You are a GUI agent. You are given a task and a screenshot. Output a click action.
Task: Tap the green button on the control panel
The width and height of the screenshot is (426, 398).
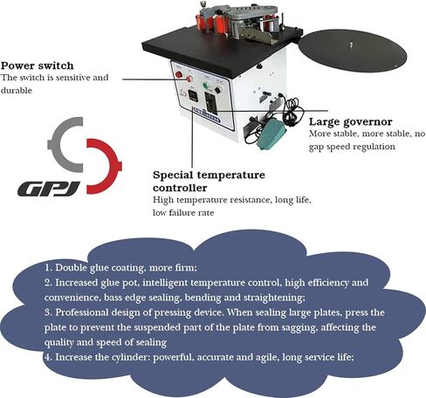click(206, 86)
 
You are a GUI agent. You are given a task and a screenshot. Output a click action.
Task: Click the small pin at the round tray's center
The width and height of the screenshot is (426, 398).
click(351, 45)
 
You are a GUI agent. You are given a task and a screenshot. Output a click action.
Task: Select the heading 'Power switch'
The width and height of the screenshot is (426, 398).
click(37, 65)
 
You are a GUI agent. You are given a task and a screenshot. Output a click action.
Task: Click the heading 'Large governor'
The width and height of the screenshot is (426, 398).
click(351, 121)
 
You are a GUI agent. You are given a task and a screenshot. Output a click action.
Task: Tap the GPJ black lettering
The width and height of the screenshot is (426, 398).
click(49, 189)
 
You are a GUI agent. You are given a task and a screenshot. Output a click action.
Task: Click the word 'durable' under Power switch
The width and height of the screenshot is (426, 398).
click(17, 90)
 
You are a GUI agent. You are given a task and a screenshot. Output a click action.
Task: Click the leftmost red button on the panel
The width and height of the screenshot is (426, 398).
click(178, 74)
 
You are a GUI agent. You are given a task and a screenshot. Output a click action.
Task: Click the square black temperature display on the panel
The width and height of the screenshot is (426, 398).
click(193, 95)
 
